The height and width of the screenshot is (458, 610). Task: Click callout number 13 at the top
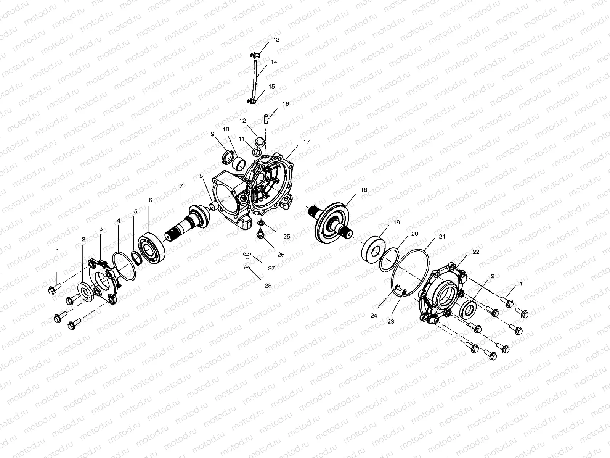(276, 40)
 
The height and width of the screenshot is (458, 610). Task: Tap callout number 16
(286, 103)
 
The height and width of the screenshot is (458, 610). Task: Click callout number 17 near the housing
(307, 142)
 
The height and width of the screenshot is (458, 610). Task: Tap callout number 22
(476, 252)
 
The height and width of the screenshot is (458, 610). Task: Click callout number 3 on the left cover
(101, 229)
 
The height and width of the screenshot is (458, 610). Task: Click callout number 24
(374, 316)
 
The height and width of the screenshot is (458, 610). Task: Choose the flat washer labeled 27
(247, 253)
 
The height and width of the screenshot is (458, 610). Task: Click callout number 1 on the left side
(58, 250)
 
